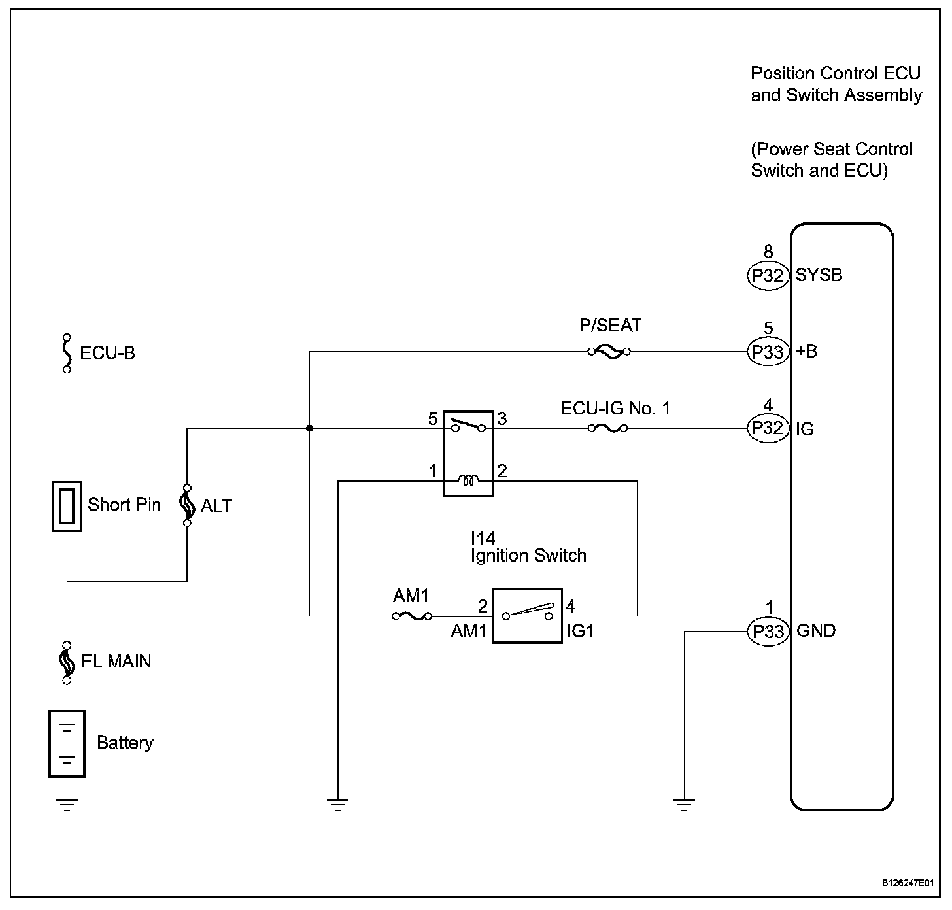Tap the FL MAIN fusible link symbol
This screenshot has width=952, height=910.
pyautogui.click(x=67, y=662)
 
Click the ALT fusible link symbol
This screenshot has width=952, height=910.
pyautogui.click(x=187, y=505)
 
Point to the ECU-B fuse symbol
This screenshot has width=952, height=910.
pyautogui.click(x=67, y=353)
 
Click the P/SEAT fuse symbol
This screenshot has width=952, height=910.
pyautogui.click(x=609, y=351)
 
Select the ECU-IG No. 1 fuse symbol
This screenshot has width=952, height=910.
pyautogui.click(x=607, y=429)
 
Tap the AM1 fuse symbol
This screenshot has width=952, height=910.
pyautogui.click(x=413, y=616)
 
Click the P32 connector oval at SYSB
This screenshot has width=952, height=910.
pyautogui.click(x=768, y=275)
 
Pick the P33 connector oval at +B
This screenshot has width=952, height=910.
pyautogui.click(x=768, y=352)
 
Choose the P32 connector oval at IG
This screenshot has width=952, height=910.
pyautogui.click(x=768, y=428)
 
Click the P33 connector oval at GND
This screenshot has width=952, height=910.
pyautogui.click(x=768, y=632)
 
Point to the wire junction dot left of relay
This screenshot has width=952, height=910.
pyautogui.click(x=309, y=428)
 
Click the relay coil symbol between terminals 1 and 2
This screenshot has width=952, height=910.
pyautogui.click(x=468, y=480)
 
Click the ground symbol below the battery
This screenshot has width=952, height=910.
pyautogui.click(x=67, y=805)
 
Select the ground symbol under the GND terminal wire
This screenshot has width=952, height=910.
pyautogui.click(x=684, y=805)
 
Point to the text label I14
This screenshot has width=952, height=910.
pyautogui.click(x=483, y=539)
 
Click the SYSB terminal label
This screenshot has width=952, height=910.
pyautogui.click(x=819, y=275)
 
